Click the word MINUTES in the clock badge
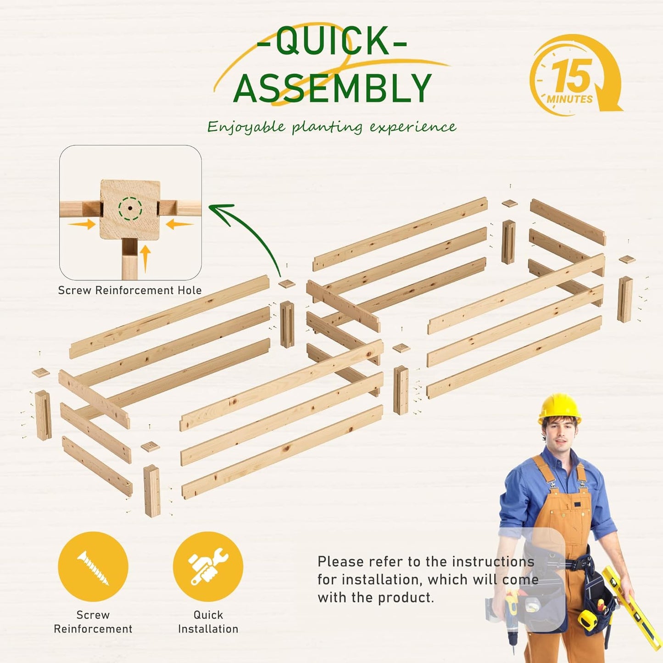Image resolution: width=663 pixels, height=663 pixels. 570,100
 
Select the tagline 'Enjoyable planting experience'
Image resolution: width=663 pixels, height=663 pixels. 332,127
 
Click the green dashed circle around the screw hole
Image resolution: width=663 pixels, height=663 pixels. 130,208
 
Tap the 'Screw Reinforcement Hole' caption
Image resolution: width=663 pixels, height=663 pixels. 130,290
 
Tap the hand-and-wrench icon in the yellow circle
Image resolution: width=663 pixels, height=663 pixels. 208,567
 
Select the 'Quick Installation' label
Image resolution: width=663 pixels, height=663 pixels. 208,622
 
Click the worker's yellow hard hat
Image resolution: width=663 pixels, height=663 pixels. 559,409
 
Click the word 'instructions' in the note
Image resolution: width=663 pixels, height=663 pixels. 493,562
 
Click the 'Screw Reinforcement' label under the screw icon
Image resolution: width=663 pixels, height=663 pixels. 93,622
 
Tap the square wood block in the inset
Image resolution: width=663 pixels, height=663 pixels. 130,209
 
